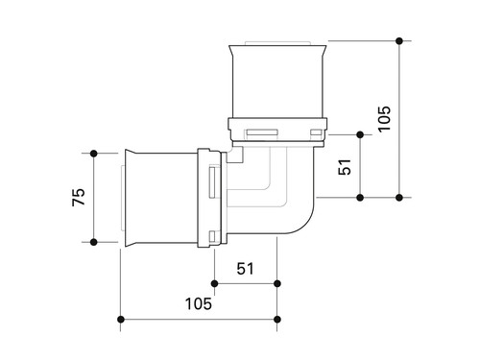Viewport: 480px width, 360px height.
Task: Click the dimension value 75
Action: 79,197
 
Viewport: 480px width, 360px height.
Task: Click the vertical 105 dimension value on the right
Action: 384,118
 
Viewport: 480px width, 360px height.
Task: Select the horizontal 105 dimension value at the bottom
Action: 199,303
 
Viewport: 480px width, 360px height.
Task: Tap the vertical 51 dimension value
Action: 345,167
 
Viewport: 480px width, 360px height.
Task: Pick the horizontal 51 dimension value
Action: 245,269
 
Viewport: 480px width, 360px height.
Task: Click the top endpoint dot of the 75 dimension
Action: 94,154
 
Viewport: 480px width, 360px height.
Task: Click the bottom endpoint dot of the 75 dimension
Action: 94,242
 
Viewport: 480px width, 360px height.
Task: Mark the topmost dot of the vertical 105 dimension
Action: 399,41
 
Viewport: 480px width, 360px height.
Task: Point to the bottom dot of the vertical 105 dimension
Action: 399,198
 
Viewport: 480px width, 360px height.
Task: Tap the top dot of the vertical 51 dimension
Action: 360,134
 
